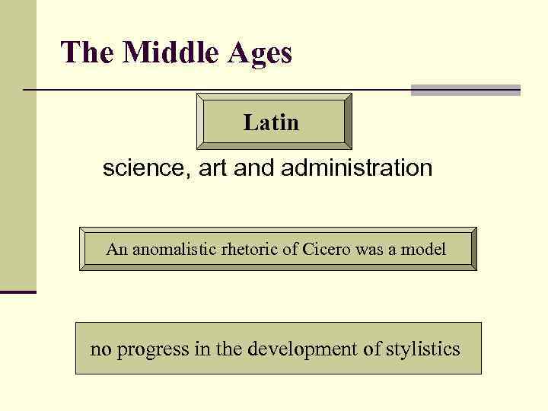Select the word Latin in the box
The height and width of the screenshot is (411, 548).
(271, 122)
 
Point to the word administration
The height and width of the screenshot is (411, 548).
(356, 167)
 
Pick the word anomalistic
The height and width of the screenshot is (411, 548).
(174, 249)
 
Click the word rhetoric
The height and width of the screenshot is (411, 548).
(253, 249)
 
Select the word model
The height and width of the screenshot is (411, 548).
(425, 249)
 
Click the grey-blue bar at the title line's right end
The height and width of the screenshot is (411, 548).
(465, 90)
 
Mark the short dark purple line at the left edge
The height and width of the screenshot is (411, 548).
(18, 291)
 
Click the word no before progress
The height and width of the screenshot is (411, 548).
(100, 349)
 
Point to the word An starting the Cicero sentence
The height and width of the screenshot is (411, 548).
(117, 249)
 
